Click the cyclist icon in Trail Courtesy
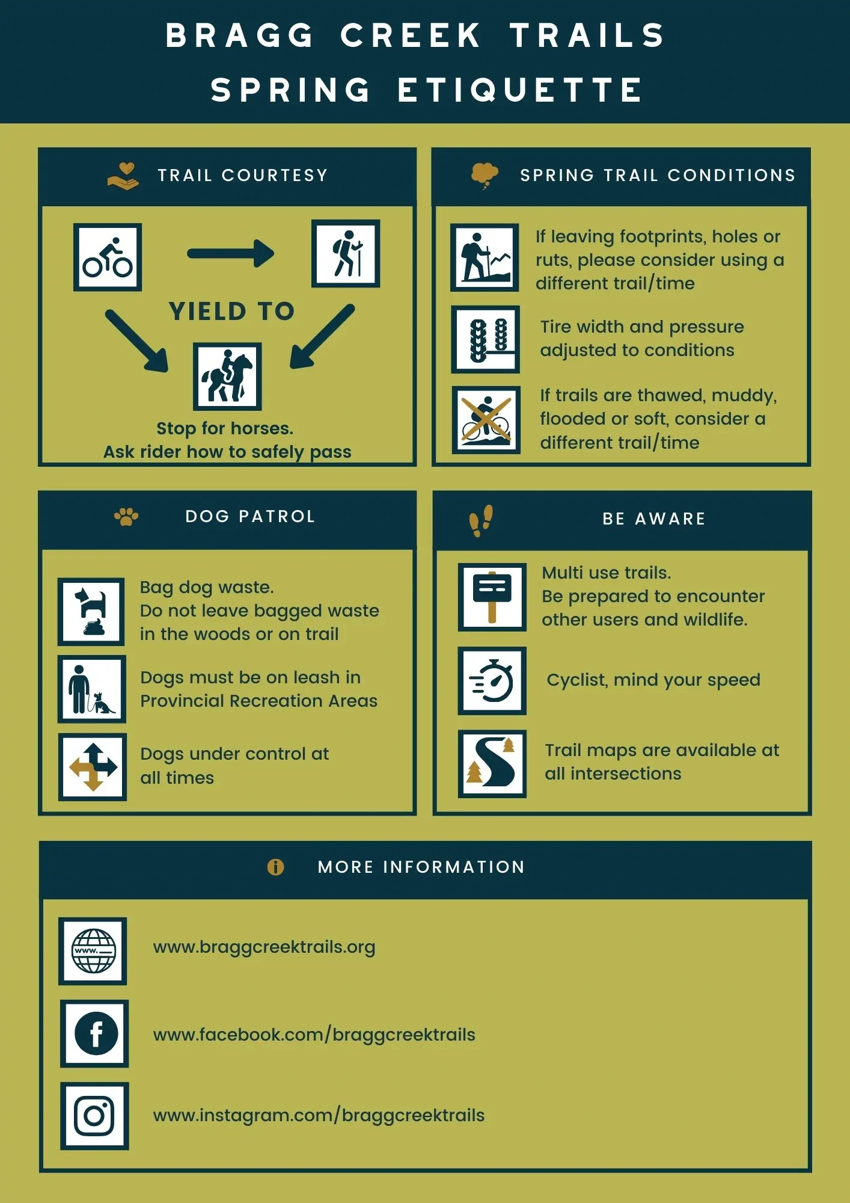pyautogui.click(x=108, y=257)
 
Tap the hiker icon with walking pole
pyautogui.click(x=346, y=253)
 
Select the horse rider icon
pyautogui.click(x=227, y=377)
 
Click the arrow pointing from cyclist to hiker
pyautogui.click(x=231, y=253)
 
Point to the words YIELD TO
pyautogui.click(x=232, y=312)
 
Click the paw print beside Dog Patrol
pyautogui.click(x=126, y=517)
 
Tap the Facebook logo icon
pyautogui.click(x=95, y=1034)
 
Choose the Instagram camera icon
pyautogui.click(x=94, y=1116)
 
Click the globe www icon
pyautogui.click(x=93, y=951)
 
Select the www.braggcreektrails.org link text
pyautogui.click(x=264, y=947)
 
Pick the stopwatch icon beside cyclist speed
pyautogui.click(x=492, y=681)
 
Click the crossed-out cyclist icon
pyautogui.click(x=486, y=420)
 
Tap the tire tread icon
pyautogui.click(x=486, y=340)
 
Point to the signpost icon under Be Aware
pyautogui.click(x=492, y=597)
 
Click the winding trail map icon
pyautogui.click(x=492, y=764)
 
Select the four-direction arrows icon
pyautogui.click(x=93, y=767)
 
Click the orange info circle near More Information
pyautogui.click(x=275, y=867)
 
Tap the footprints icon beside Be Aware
pyautogui.click(x=481, y=520)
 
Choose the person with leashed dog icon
pyautogui.click(x=92, y=689)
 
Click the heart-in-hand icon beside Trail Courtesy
pyautogui.click(x=123, y=176)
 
